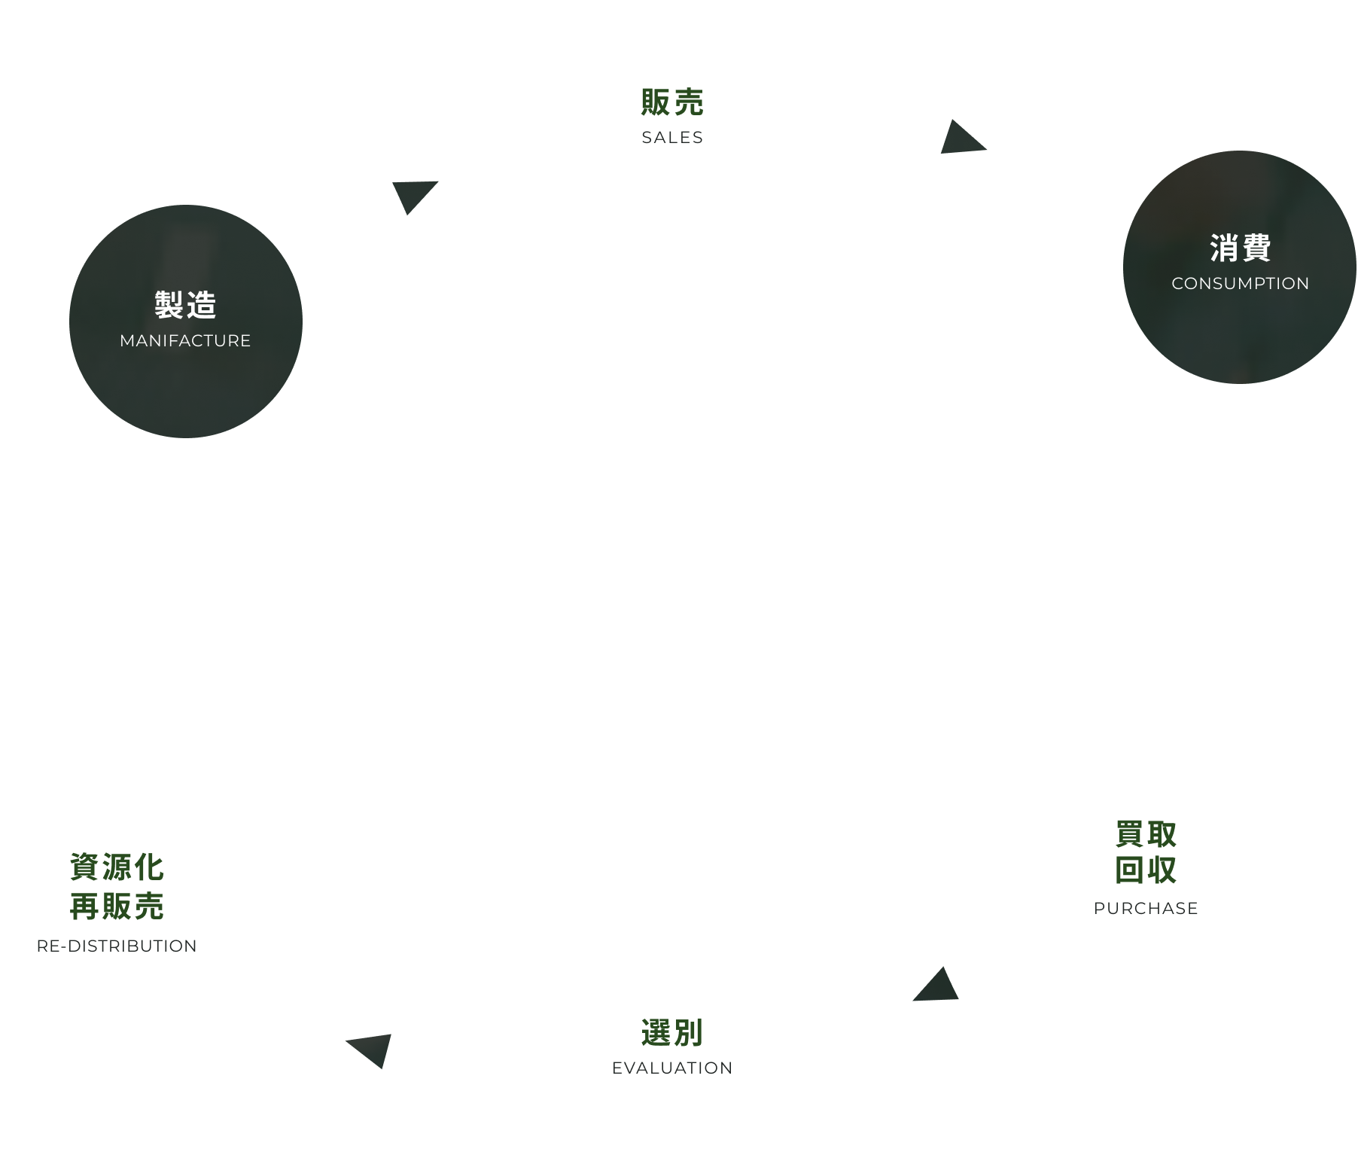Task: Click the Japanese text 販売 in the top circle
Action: tap(672, 103)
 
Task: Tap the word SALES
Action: tap(672, 138)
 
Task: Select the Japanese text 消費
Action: tap(1240, 248)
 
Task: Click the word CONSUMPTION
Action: tap(1240, 284)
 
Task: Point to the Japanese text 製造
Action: tap(185, 305)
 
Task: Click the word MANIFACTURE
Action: tap(185, 341)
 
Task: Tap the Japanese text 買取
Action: tap(1146, 834)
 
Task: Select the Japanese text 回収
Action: tap(1146, 870)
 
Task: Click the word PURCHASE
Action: tap(1146, 909)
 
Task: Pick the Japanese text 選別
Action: tap(672, 1033)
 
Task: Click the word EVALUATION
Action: tap(672, 1068)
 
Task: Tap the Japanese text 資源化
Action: tap(117, 867)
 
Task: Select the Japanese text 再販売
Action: tap(117, 906)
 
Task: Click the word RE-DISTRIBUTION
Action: tap(117, 946)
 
